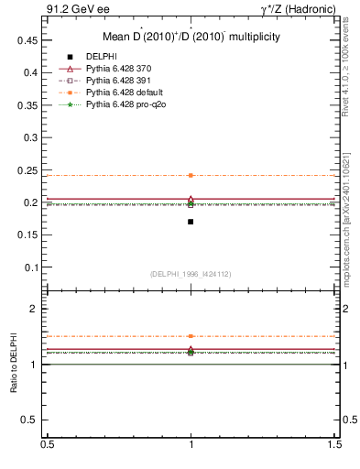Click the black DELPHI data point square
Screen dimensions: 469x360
click(191, 222)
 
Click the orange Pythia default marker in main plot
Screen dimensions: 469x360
click(191, 175)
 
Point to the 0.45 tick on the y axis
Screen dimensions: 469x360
click(27, 40)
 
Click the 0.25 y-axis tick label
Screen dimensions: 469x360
click(27, 170)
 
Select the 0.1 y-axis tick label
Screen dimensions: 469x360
click(29, 267)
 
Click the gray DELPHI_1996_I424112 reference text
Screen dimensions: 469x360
click(191, 274)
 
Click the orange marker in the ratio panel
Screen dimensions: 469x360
click(191, 336)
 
